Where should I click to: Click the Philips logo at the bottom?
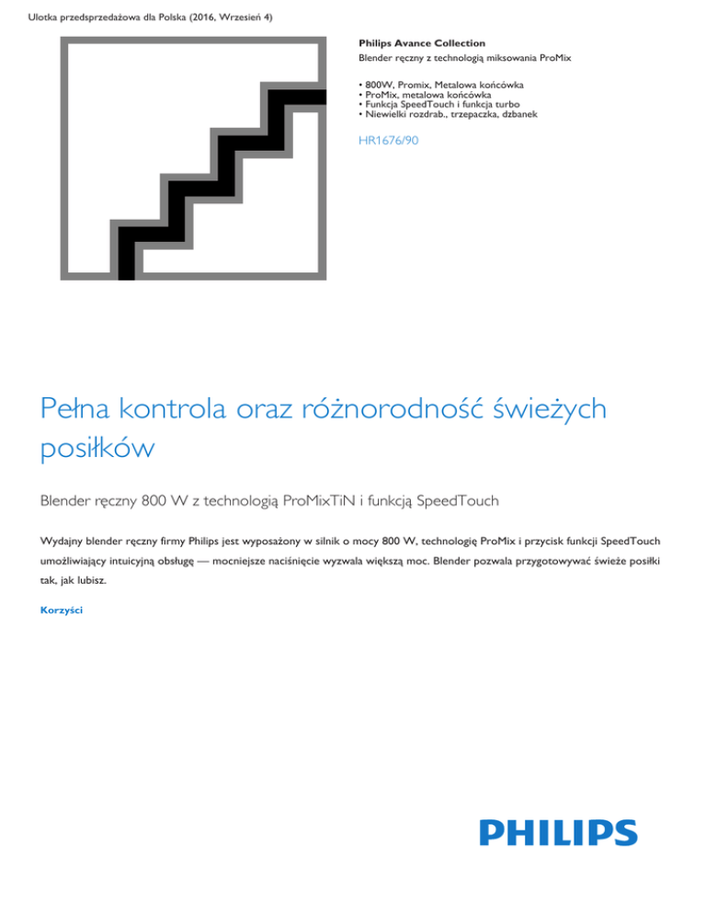pyautogui.click(x=557, y=832)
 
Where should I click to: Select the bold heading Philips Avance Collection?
pyautogui.click(x=421, y=43)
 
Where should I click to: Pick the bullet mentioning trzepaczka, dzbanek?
pyautogui.click(x=448, y=115)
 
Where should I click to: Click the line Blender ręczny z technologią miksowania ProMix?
pyautogui.click(x=464, y=58)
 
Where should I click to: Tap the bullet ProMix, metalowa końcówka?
pyautogui.click(x=428, y=94)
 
